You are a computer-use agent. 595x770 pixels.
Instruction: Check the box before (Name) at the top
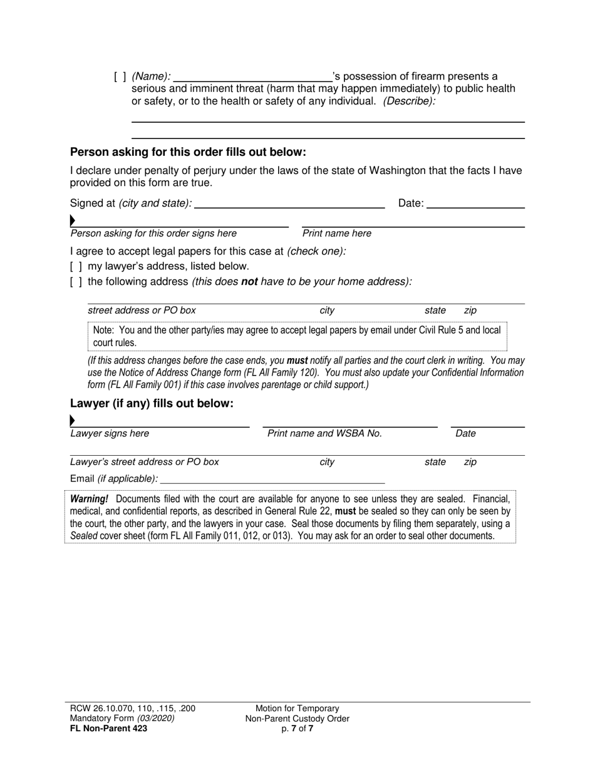pyautogui.click(x=120, y=77)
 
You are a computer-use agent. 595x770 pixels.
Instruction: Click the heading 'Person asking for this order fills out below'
pyautogui.click(x=188, y=152)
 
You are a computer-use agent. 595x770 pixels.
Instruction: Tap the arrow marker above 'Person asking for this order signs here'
pyautogui.click(x=73, y=220)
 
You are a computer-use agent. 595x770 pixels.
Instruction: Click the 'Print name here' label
pyautogui.click(x=336, y=234)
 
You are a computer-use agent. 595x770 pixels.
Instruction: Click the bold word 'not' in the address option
pyautogui.click(x=250, y=282)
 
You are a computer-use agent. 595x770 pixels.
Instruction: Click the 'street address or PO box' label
pyautogui.click(x=142, y=311)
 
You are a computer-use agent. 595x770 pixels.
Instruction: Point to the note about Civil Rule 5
pyautogui.click(x=297, y=336)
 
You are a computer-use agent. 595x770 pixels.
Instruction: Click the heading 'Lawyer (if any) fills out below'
pyautogui.click(x=152, y=404)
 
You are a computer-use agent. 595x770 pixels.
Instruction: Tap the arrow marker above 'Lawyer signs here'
pyautogui.click(x=73, y=420)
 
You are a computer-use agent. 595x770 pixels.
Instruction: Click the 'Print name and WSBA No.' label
pyautogui.click(x=324, y=433)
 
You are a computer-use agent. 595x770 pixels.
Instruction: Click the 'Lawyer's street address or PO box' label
pyautogui.click(x=145, y=462)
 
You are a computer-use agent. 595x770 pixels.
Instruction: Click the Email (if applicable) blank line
pyautogui.click(x=272, y=479)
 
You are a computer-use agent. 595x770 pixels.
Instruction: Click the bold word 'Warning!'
pyautogui.click(x=89, y=499)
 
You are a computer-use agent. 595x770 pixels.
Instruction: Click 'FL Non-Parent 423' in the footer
pyautogui.click(x=108, y=728)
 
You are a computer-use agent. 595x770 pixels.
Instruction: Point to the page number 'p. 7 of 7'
pyautogui.click(x=297, y=728)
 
